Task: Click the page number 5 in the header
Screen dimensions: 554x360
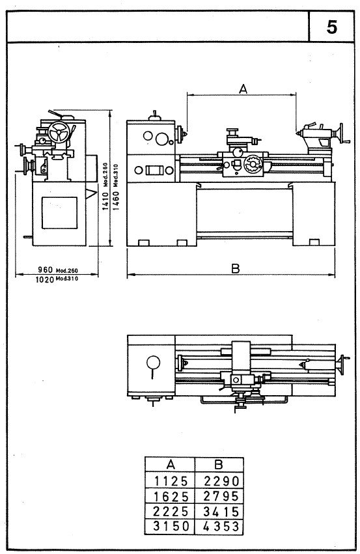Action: [x=332, y=28]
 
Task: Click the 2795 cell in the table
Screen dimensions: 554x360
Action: [x=219, y=495]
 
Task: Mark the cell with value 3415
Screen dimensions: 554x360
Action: [x=219, y=510]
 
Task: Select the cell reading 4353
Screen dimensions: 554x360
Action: [x=219, y=525]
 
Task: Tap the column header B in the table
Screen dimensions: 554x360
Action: [x=219, y=465]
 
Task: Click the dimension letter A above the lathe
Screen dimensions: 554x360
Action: [x=242, y=89]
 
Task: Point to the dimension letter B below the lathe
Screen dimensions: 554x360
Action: [x=236, y=268]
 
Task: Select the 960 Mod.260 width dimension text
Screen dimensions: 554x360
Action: [x=57, y=270]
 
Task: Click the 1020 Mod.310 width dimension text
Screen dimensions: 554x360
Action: [x=57, y=279]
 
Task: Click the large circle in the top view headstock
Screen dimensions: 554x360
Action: [x=154, y=362]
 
